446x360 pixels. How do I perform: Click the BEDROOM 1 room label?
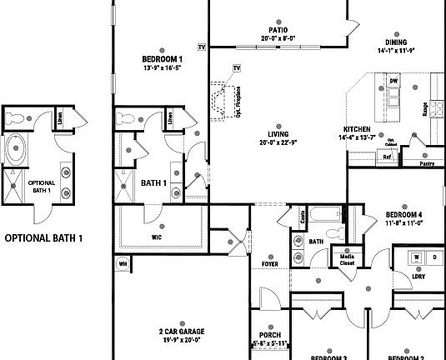point(163,59)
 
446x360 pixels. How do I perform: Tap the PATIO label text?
point(266,27)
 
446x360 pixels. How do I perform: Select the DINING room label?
point(396,42)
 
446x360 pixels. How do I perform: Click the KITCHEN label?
point(357,129)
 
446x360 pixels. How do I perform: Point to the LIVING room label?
point(278,134)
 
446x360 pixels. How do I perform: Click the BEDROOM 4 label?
point(403,214)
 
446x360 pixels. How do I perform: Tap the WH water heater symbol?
point(123,265)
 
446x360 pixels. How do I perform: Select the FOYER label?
point(270,264)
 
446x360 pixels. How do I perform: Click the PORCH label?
point(269,335)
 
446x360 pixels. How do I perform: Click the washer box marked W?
point(414,257)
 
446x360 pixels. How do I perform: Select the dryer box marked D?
point(433,257)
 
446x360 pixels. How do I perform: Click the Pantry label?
point(427,164)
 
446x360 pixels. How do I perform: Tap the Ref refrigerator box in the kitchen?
point(387,156)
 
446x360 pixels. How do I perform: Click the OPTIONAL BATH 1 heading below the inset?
point(44,237)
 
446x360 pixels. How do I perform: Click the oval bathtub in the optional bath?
point(16,151)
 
